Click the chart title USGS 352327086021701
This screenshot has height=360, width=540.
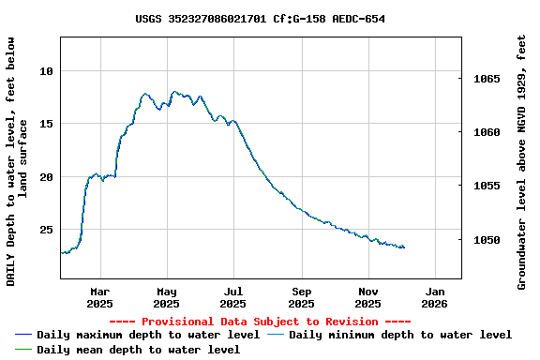(x=260, y=19)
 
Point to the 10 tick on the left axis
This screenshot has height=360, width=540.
(x=46, y=71)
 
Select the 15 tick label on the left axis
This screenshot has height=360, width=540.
(x=46, y=124)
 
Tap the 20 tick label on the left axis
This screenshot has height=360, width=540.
(x=46, y=177)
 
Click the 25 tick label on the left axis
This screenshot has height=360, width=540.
(x=46, y=230)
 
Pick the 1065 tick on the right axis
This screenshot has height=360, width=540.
(x=487, y=80)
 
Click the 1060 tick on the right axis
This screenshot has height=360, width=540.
(x=487, y=133)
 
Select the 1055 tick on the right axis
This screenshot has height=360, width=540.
(x=487, y=187)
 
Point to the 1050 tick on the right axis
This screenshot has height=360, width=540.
(x=487, y=241)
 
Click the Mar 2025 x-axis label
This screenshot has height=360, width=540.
(x=99, y=297)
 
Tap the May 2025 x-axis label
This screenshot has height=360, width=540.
(x=166, y=297)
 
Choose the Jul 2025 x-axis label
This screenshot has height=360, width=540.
(x=233, y=297)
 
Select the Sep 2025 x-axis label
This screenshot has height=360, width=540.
(x=301, y=297)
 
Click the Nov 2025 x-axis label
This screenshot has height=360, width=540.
(x=367, y=297)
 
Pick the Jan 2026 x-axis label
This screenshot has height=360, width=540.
(x=435, y=297)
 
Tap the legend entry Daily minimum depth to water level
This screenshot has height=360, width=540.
(x=399, y=335)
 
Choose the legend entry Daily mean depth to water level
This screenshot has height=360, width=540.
(x=138, y=350)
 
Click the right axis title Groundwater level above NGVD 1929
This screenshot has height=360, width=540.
(x=522, y=162)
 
